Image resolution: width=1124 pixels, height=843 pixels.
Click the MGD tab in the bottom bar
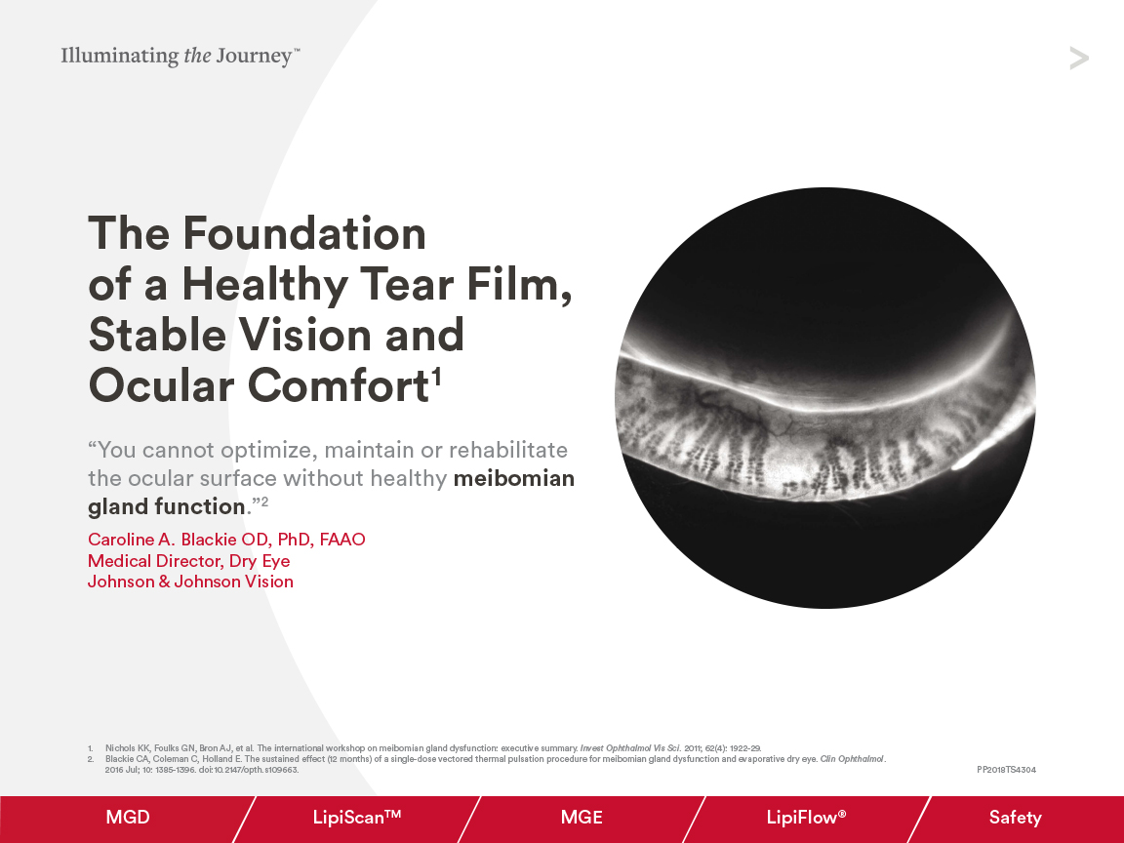coord(128,818)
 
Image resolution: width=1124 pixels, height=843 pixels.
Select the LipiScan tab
coord(357,818)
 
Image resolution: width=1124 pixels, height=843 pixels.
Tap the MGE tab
coord(582,818)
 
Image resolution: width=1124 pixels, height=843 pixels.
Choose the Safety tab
coord(1015,818)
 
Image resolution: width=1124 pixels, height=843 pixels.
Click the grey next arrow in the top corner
coord(1078,59)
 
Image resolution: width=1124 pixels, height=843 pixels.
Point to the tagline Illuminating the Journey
coord(181,56)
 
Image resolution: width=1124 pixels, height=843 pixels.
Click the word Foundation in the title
coord(304,234)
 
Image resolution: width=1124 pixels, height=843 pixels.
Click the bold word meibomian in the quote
coord(513,479)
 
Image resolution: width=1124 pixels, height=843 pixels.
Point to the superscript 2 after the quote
coord(263,502)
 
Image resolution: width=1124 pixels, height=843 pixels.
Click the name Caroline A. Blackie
coord(226,540)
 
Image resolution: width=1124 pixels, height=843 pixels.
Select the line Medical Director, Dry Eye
coord(188,561)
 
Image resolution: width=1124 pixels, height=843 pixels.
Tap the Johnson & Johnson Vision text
coord(190,582)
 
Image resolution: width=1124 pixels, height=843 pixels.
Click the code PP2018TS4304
coord(1006,770)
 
